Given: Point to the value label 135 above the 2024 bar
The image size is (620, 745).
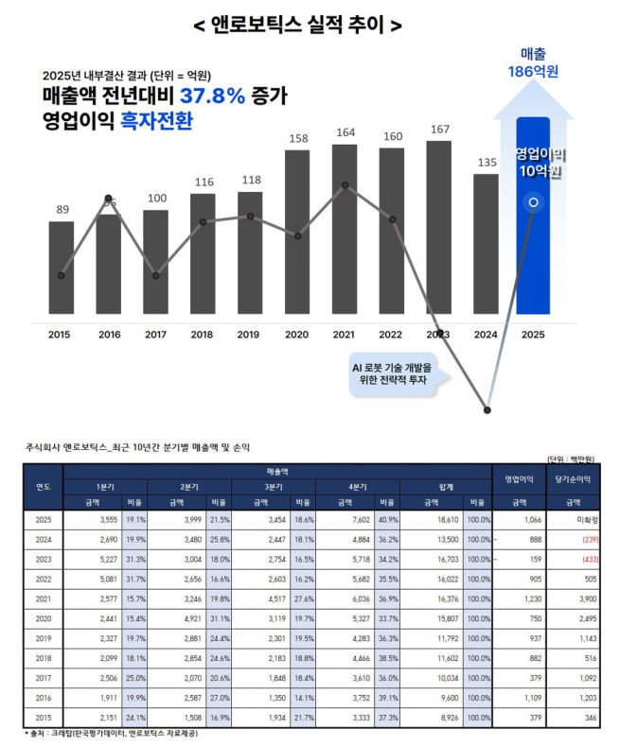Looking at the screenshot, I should coord(486,163).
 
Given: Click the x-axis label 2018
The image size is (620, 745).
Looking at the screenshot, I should coord(202,334).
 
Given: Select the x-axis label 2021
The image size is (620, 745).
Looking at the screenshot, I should coord(344,334).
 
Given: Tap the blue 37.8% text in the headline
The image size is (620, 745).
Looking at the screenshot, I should coord(213,96).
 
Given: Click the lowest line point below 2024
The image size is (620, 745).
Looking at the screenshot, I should coord(487,409).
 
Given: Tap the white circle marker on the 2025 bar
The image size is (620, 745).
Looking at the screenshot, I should coord(534,202).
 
